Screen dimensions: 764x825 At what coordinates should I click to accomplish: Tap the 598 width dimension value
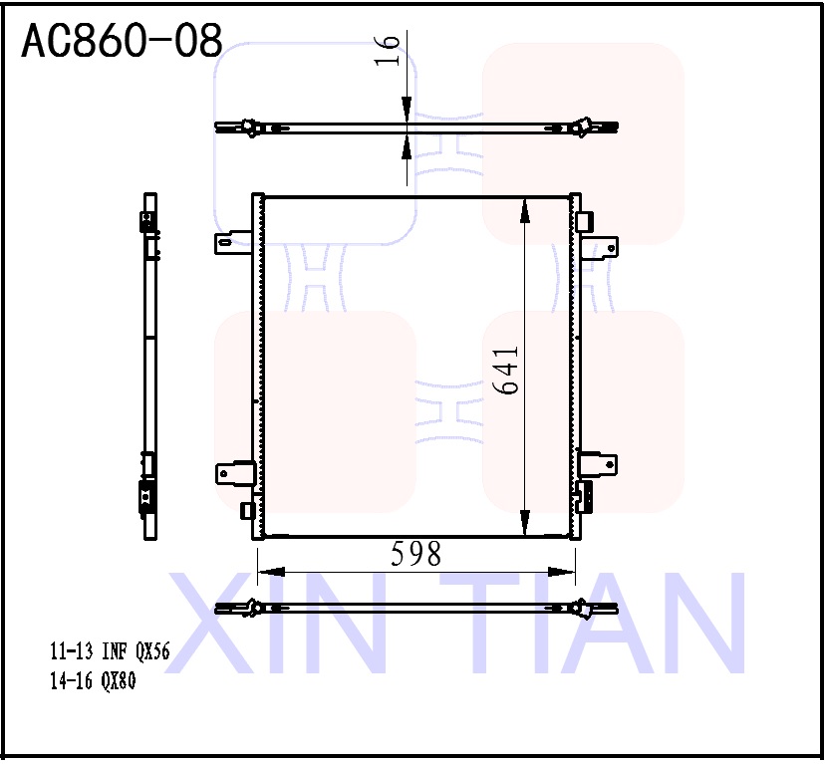[x=415, y=555]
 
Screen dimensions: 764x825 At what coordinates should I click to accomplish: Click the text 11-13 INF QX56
[x=111, y=653]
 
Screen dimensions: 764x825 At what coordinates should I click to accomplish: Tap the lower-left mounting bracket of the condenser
[x=233, y=472]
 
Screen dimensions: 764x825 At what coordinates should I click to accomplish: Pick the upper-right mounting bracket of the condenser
[x=600, y=244]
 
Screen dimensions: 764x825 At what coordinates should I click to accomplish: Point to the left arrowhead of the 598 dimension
[x=270, y=572]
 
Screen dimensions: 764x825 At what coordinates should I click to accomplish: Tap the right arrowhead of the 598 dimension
[x=564, y=572]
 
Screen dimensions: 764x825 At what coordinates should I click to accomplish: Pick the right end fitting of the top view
[x=584, y=127]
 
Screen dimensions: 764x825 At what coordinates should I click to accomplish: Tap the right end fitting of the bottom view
[x=584, y=607]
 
